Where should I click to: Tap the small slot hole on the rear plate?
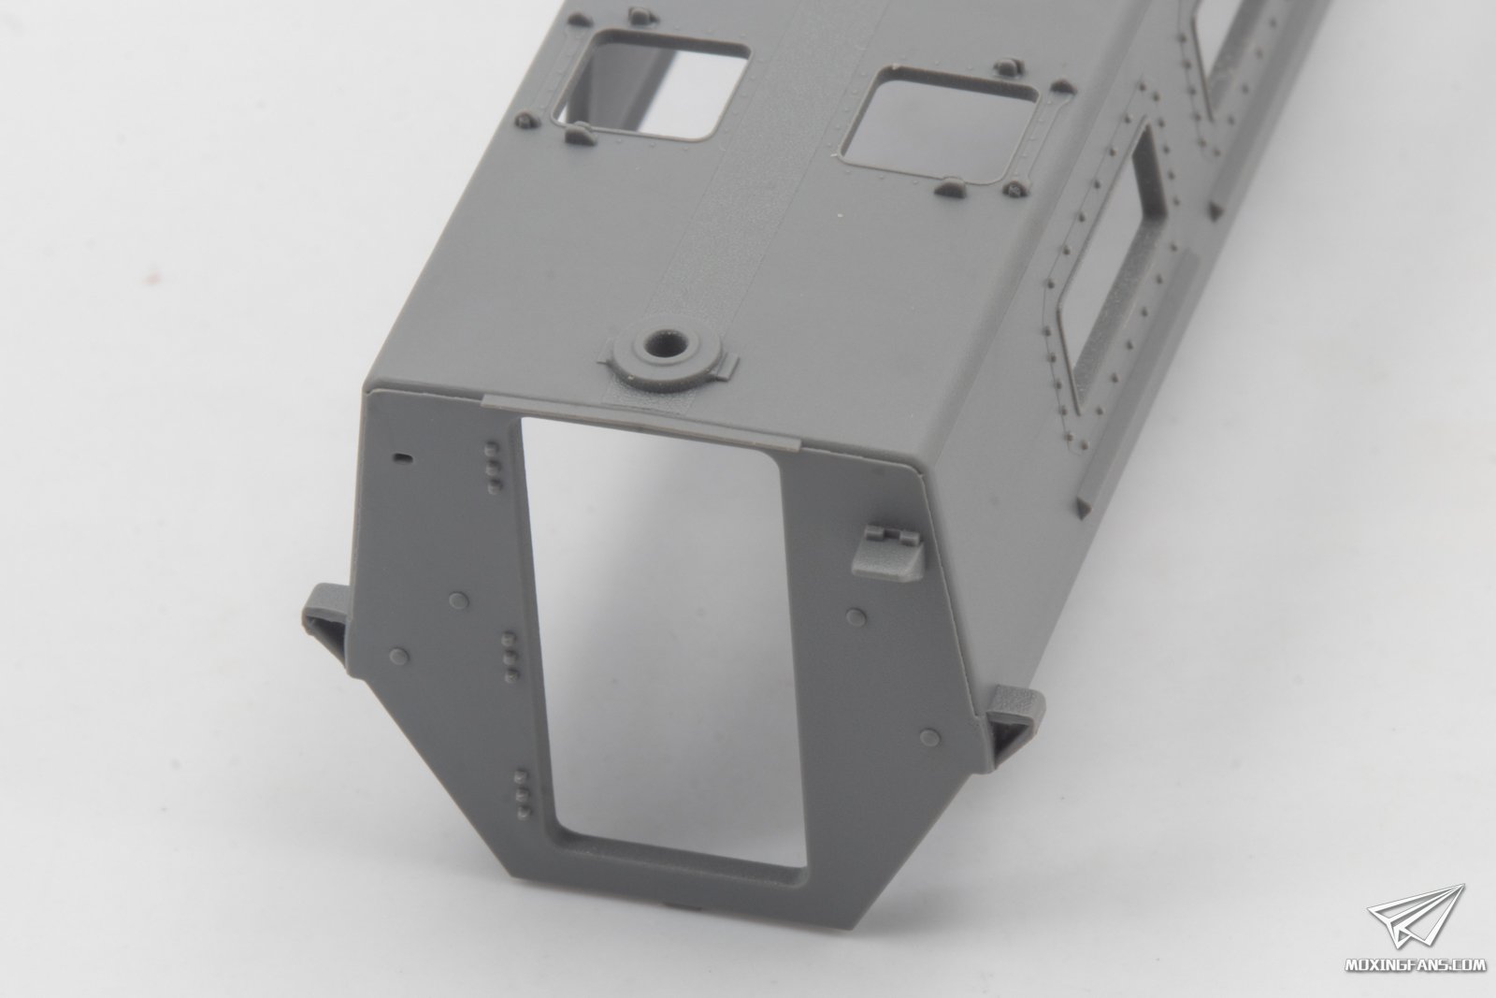[403, 457]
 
